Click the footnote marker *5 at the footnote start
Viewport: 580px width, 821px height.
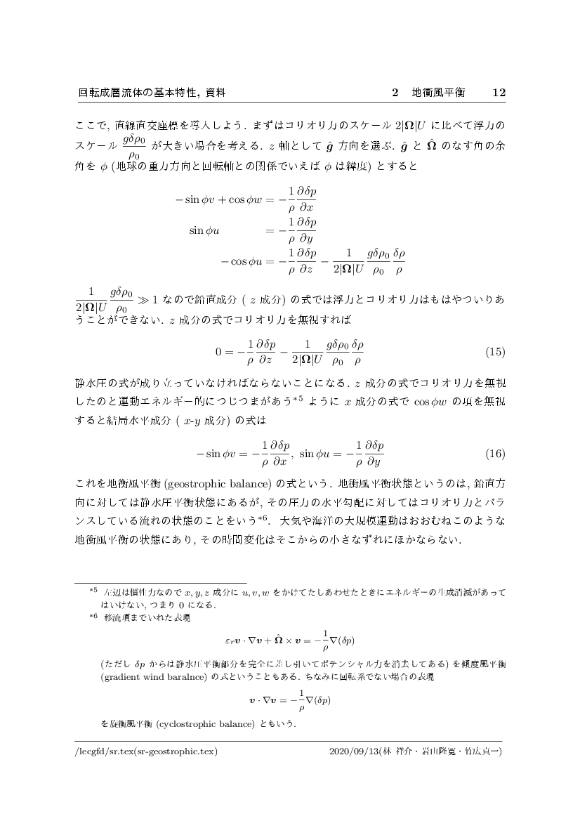pos(93,592)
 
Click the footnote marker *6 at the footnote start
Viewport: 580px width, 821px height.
pos(93,617)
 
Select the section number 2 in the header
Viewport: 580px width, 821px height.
pos(395,93)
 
